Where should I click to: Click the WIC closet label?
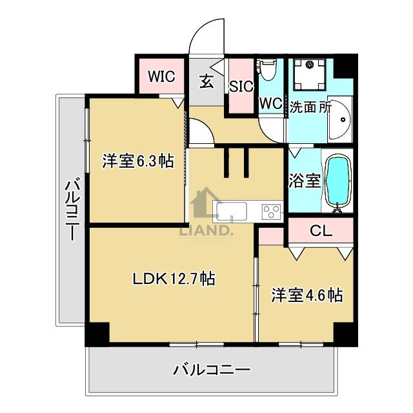click(x=161, y=76)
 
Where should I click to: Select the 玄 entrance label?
click(x=206, y=81)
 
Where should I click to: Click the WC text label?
click(x=270, y=103)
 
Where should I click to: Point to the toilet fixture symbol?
click(x=267, y=70)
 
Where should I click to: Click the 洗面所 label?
click(x=310, y=107)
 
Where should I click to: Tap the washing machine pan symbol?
click(x=310, y=74)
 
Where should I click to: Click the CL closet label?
click(x=321, y=231)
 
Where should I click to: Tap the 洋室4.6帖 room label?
click(x=306, y=295)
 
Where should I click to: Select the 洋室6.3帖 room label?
click(x=137, y=161)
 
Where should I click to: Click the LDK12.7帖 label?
click(x=174, y=279)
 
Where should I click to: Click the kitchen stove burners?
click(x=270, y=210)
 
